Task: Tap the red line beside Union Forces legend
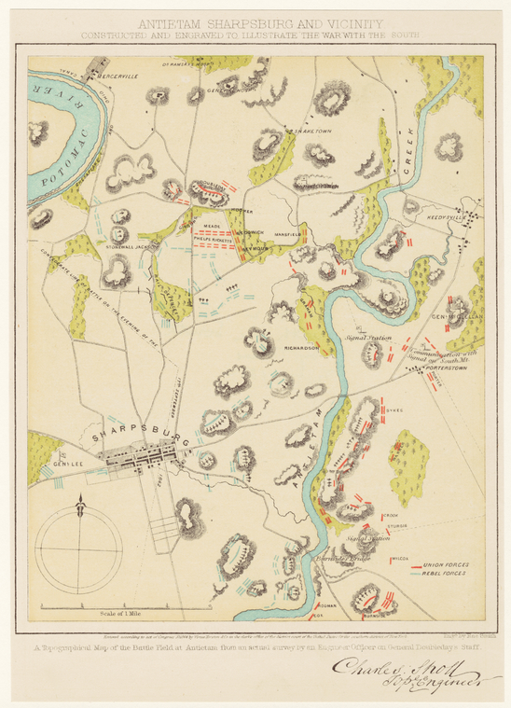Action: (x=405, y=564)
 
